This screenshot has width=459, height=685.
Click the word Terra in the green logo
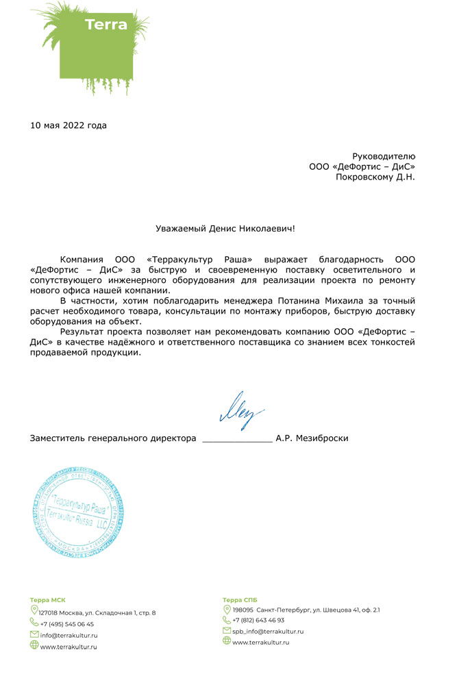point(106,25)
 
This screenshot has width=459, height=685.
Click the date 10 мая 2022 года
point(69,125)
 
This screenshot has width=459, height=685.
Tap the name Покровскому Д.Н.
point(375,177)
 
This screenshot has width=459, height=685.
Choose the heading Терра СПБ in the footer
point(240,599)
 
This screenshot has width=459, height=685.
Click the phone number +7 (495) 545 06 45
point(67,624)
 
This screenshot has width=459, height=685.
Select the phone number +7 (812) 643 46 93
point(258,620)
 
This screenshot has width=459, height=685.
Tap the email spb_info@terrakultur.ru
point(268,631)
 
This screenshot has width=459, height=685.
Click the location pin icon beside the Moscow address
point(34,610)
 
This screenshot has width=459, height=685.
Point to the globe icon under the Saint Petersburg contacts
point(227,641)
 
